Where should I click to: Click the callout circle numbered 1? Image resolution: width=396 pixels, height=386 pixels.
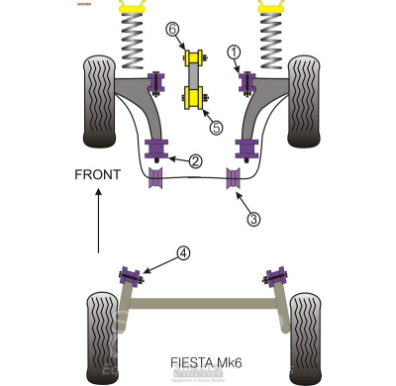234,50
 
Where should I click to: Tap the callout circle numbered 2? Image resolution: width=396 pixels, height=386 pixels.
196,160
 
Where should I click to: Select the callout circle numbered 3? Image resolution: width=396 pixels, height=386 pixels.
253,220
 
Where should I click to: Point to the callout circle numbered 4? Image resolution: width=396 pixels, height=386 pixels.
183,253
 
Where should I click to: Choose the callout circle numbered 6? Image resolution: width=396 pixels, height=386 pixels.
173,31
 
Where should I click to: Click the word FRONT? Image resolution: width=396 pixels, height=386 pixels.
97,175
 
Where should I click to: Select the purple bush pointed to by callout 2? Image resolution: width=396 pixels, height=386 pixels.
155,150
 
